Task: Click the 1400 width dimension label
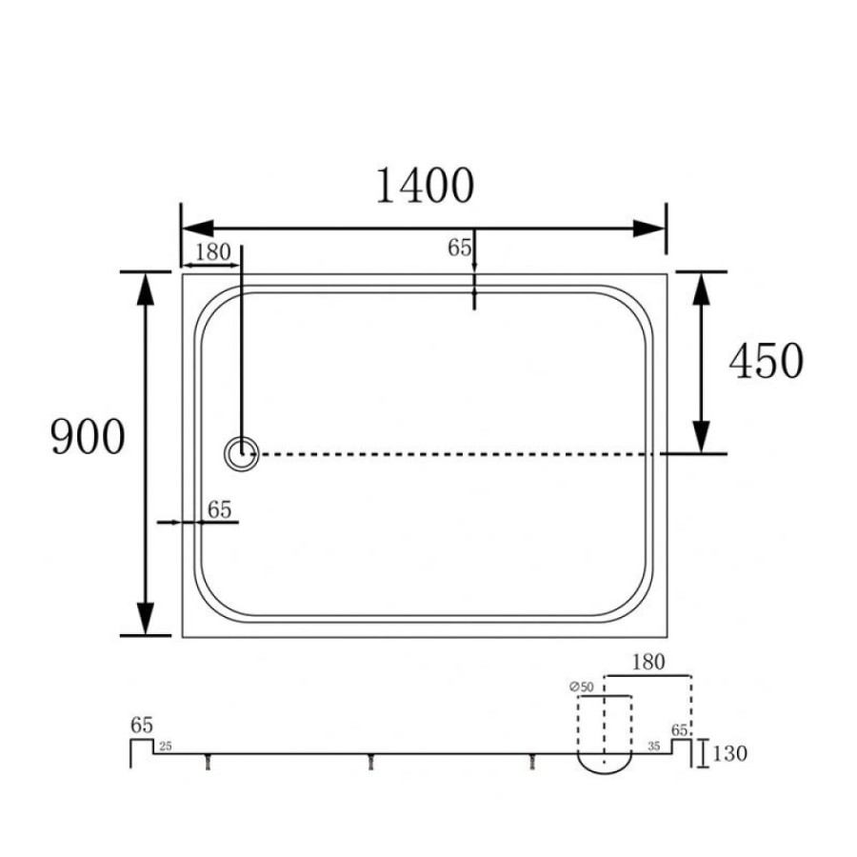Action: tap(426, 186)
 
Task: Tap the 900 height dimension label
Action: tap(88, 437)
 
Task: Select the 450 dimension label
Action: tap(767, 361)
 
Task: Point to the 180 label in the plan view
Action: tap(213, 252)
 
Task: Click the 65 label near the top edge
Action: tap(460, 249)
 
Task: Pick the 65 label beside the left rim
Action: tap(220, 510)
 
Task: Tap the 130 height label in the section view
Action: tap(729, 754)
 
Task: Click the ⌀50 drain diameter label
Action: tap(581, 687)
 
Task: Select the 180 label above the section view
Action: tap(648, 663)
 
